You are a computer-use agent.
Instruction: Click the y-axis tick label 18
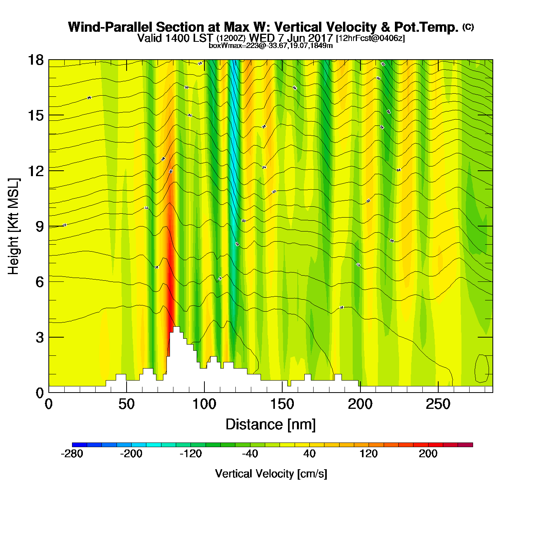point(35,60)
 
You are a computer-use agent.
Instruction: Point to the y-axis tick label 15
point(35,115)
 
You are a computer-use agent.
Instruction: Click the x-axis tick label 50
point(126,405)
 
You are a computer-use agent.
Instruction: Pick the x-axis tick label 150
point(282,405)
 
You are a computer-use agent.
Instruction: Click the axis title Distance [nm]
point(271,425)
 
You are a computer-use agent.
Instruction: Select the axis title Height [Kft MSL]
point(14,226)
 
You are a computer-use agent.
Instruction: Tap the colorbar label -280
point(72,454)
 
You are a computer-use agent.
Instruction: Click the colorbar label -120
point(190,454)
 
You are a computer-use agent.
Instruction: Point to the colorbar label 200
point(428,454)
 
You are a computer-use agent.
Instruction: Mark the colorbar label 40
point(309,454)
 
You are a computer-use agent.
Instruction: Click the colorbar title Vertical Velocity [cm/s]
point(271,474)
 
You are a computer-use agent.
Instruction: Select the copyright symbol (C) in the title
point(468,27)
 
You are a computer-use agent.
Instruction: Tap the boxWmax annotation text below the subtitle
point(271,46)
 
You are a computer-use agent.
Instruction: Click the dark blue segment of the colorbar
point(79,444)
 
